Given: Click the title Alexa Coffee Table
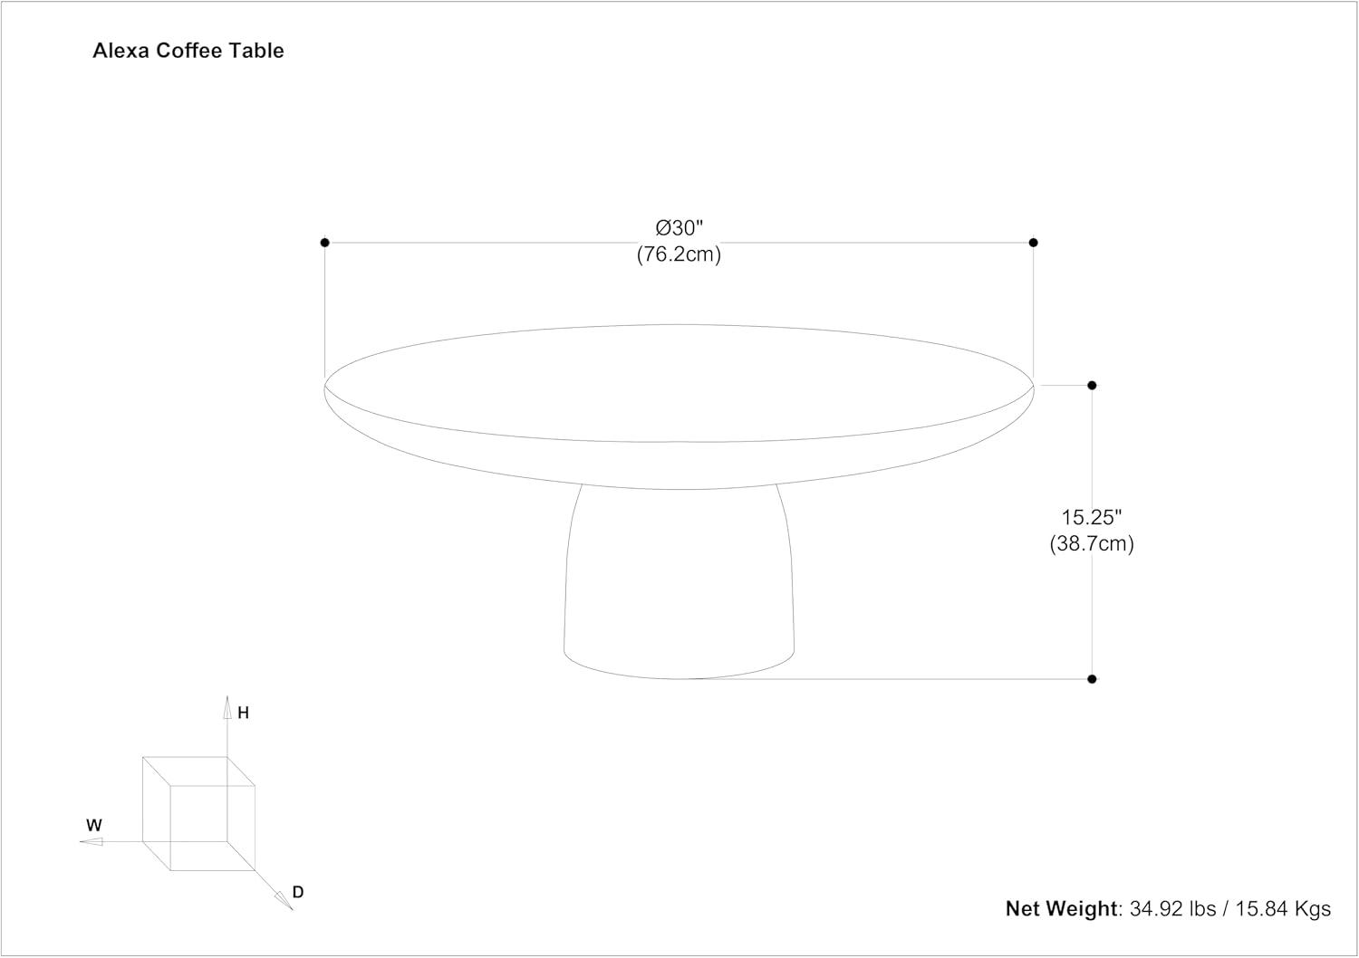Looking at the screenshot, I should (188, 51).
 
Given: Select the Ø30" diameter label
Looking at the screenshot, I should (679, 227).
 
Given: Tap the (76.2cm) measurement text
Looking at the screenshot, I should (679, 254).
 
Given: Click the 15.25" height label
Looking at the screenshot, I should (1092, 517).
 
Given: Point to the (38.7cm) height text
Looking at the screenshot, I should (1092, 544).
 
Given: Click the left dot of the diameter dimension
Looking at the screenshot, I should (324, 243).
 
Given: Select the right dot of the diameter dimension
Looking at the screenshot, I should (1034, 243).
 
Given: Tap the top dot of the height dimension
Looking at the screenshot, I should (1092, 386).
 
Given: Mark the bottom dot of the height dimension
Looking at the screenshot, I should (1092, 679).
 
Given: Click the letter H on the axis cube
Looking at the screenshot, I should (243, 714).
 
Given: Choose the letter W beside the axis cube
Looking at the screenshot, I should (94, 826).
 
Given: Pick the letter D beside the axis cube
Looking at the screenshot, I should (298, 893).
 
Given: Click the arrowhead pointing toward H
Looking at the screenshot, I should (227, 708).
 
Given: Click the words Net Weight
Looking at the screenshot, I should (1062, 909).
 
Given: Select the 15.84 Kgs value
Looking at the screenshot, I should (1281, 909).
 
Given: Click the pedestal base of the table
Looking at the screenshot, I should (679, 589).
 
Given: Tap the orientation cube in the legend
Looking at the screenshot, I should (198, 813).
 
